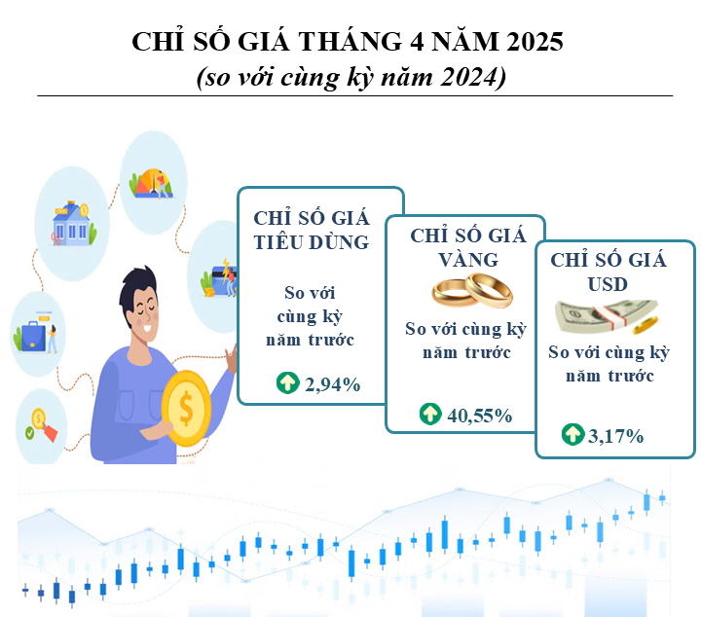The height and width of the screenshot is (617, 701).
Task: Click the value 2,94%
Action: (333, 384)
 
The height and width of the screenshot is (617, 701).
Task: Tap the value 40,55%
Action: (480, 416)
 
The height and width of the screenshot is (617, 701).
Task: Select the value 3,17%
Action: (615, 436)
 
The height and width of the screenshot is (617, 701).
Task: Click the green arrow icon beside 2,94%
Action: (288, 382)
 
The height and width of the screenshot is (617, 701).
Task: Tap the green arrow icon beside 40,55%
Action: (430, 414)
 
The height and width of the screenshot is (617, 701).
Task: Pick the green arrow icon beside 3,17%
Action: (573, 434)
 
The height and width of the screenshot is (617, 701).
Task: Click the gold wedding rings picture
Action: (472, 290)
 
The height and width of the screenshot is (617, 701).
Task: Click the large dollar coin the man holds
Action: (186, 409)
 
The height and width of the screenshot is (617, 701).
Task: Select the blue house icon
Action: (71, 225)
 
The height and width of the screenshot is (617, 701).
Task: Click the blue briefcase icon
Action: (33, 336)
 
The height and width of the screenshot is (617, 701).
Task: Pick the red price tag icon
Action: (50, 431)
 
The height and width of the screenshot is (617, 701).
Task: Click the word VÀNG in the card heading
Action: (468, 258)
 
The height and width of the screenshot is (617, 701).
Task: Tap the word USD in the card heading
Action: (608, 284)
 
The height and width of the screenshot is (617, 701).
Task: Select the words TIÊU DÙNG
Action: (312, 242)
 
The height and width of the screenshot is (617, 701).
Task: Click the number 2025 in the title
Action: (535, 42)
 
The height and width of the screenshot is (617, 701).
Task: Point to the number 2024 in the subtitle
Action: (469, 77)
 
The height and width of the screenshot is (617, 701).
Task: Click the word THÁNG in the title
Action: (350, 41)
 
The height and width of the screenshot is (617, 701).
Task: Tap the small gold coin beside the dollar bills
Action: (646, 325)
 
